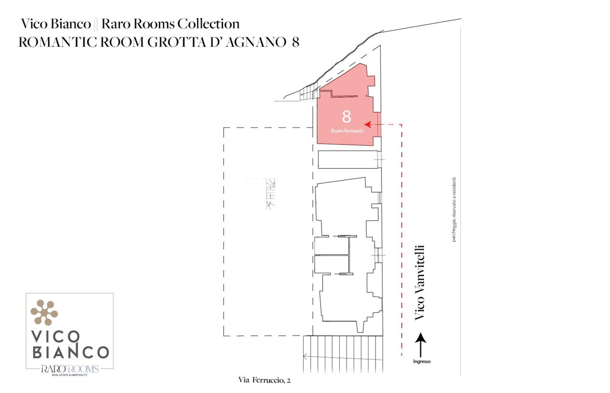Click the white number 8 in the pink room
(x=347, y=117)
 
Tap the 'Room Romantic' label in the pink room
(x=347, y=131)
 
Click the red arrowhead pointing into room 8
(x=368, y=124)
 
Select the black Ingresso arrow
(x=421, y=345)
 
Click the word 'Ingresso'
(x=422, y=361)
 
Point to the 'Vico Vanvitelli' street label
(x=420, y=282)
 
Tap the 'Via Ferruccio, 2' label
(x=264, y=380)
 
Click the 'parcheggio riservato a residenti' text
(x=454, y=210)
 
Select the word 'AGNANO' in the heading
(x=256, y=42)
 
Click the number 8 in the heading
(x=295, y=42)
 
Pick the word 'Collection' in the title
(x=208, y=24)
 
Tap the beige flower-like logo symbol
(x=44, y=312)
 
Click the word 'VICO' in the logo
(x=55, y=336)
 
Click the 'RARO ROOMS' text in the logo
(x=70, y=369)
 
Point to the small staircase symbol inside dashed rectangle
(x=270, y=194)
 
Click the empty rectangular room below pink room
(x=348, y=159)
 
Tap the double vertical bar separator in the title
(x=96, y=24)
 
